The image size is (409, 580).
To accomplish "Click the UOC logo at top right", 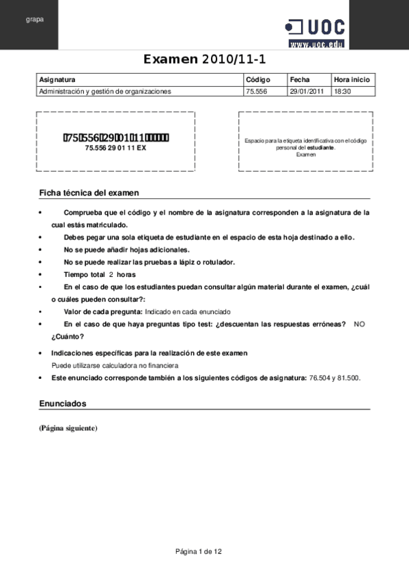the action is pos(315,31).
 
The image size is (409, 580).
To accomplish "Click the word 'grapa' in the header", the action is pos(35,19).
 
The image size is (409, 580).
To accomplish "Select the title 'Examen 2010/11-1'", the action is pos(204,60).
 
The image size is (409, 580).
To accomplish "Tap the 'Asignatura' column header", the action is pos(57,79).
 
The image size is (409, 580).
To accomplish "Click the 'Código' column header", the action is pos(258,79).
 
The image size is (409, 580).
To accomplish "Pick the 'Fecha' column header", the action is pos(300,79).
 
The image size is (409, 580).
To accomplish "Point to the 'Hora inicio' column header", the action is pos(352,79).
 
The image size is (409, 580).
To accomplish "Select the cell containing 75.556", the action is pos(256,91).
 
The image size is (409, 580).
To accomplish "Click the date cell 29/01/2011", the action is pos(307,91).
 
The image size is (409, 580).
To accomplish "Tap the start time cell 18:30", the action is pos(342,91).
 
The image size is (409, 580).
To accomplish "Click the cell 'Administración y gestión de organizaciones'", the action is pos(105,91).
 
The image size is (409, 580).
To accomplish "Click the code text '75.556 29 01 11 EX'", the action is pos(115,148).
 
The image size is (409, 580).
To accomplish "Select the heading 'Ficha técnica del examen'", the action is pos(89,194).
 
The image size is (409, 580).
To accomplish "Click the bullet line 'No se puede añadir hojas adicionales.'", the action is pos(122,250).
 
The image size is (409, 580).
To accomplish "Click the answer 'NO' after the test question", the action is pos(360,324).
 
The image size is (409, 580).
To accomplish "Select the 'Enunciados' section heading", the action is pos(63,404).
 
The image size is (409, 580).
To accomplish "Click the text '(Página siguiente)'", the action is pos(68,428).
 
